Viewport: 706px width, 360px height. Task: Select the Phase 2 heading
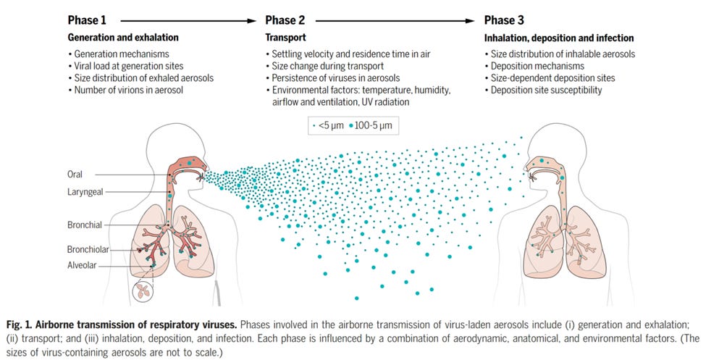click(286, 20)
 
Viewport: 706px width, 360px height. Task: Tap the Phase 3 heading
click(505, 20)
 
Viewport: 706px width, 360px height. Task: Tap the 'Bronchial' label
click(83, 225)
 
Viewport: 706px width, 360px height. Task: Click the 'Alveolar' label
click(82, 265)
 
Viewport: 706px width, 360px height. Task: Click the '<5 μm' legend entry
click(327, 125)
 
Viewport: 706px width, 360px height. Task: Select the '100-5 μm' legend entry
click(372, 125)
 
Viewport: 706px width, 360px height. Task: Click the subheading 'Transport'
click(284, 38)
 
